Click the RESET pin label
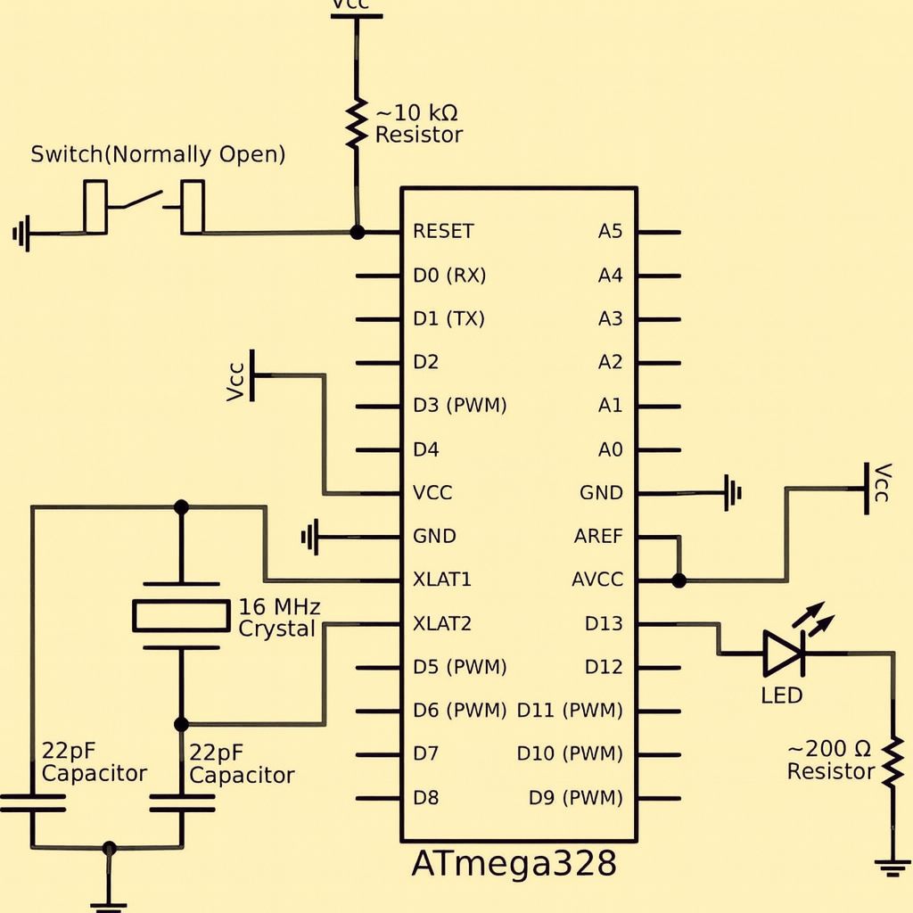443,231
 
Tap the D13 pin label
604,623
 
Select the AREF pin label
598,536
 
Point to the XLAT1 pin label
442,580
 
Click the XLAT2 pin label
442,623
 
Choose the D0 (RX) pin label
449,275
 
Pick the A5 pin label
610,231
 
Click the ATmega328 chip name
514,862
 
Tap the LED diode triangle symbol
784,654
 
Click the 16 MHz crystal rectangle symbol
181,615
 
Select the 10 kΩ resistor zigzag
356,123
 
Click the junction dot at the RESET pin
357,233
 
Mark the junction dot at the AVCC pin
679,580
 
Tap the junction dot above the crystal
181,507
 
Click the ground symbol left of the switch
21,234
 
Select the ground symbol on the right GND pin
733,492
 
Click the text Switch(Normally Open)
158,154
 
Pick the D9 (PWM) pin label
575,797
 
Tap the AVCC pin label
597,580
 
